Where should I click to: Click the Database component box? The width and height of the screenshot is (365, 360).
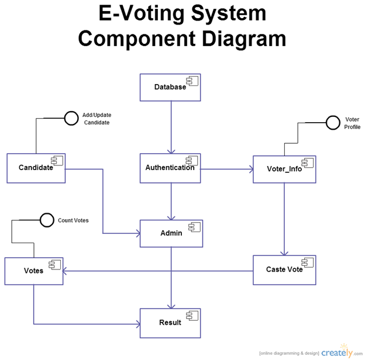[170, 87]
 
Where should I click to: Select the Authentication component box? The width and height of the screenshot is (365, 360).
[170, 168]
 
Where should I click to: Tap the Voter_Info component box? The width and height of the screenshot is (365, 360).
[284, 169]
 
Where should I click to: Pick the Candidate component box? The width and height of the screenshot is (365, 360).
[36, 168]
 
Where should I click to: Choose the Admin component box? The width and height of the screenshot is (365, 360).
[171, 233]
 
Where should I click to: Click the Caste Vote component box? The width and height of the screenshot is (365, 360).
[284, 269]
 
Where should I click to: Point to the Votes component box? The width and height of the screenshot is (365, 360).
[33, 271]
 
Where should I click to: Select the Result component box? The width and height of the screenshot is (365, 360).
[170, 323]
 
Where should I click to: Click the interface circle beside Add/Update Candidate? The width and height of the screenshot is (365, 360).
[71, 119]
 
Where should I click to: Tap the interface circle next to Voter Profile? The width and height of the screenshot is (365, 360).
[333, 123]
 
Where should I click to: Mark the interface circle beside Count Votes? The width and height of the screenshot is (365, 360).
[47, 220]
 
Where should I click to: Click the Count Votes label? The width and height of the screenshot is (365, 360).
[73, 220]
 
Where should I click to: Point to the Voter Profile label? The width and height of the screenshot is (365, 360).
[352, 123]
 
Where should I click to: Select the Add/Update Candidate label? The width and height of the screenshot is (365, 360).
[97, 119]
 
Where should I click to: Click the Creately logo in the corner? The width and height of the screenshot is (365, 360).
[337, 352]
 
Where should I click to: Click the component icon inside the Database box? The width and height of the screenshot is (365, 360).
[192, 81]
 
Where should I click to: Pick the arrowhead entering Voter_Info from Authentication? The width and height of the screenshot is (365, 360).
[250, 169]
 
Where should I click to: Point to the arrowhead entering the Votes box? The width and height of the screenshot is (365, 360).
[66, 271]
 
